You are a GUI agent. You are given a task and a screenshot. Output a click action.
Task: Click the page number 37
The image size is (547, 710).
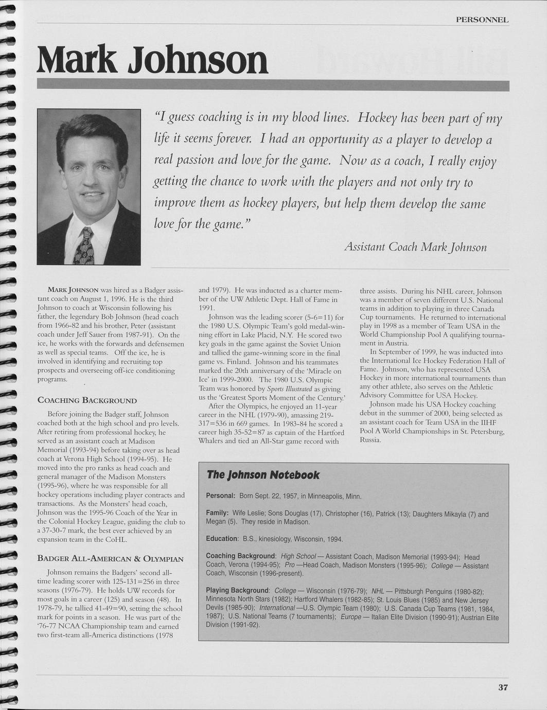tap(503, 687)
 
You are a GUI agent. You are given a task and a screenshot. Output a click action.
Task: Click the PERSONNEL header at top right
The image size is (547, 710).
tap(482, 20)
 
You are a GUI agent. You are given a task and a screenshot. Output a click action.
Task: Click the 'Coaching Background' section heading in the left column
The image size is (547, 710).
tap(87, 400)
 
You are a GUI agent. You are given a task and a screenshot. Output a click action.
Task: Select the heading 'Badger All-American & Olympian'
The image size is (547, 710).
tap(111, 559)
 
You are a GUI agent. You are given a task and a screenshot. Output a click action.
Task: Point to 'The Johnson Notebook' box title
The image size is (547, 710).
tap(263, 475)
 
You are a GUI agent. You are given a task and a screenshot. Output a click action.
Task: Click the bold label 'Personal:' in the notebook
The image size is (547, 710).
tap(221, 496)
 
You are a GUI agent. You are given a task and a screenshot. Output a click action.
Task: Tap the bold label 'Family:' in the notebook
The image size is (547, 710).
tap(217, 513)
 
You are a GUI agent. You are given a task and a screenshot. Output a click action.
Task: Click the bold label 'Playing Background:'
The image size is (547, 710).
tap(238, 590)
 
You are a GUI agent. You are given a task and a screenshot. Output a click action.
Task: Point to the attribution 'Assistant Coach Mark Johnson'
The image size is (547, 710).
tap(415, 247)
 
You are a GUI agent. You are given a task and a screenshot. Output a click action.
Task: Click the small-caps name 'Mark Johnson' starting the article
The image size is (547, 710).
tap(70, 290)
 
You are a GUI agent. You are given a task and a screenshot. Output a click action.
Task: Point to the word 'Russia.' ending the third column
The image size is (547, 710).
tap(370, 440)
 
